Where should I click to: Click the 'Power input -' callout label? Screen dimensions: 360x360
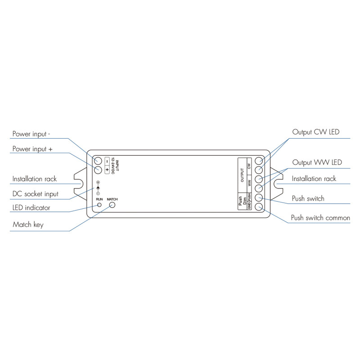tap(31, 134)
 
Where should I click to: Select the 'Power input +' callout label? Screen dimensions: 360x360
tap(32, 149)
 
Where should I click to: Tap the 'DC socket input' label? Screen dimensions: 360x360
tap(36, 194)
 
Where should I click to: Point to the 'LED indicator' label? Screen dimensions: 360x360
tap(31, 208)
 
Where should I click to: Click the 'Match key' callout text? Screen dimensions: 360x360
tap(28, 225)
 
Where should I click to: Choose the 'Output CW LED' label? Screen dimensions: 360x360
tap(316, 132)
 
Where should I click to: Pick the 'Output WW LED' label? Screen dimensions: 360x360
tap(317, 162)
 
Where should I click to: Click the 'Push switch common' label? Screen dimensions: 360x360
tap(320, 218)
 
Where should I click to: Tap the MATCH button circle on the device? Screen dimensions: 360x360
tap(112, 205)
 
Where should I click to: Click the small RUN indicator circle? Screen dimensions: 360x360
tap(99, 205)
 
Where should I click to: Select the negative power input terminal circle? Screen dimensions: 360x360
tap(98, 161)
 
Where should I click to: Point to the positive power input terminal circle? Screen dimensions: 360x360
tap(98, 170)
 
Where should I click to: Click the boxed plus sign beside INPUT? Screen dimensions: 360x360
tap(107, 170)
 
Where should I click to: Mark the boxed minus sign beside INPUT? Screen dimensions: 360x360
tap(107, 161)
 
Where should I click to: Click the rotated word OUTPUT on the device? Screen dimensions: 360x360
tap(242, 175)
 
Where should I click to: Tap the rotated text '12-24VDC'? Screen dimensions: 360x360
tap(113, 166)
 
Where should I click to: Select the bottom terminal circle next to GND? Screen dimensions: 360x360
tap(259, 207)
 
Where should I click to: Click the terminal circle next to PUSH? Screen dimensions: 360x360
tap(259, 198)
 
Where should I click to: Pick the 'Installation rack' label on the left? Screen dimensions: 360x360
tap(35, 179)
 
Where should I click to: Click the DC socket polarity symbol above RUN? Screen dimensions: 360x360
tap(98, 188)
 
